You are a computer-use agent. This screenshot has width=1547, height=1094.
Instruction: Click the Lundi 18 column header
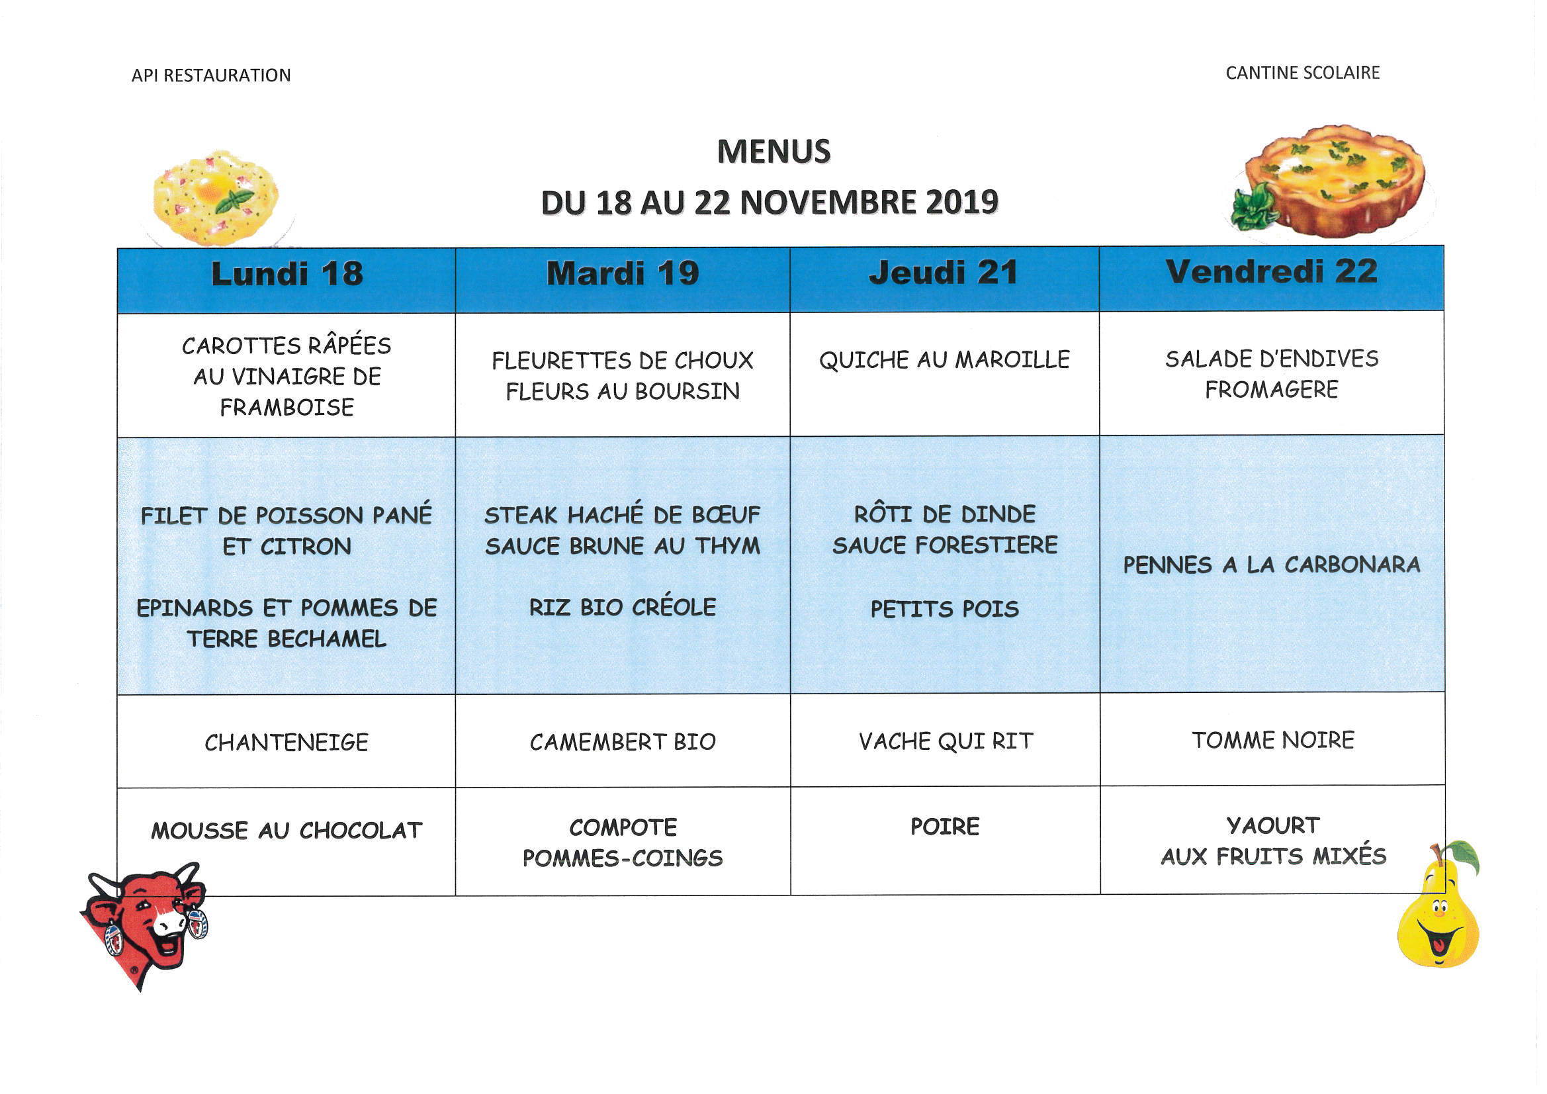[287, 274]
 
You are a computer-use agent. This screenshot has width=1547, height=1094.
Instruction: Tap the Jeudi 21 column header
[944, 272]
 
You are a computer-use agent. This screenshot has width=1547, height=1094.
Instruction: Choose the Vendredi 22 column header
[1272, 271]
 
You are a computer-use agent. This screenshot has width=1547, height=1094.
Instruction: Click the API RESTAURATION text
[211, 75]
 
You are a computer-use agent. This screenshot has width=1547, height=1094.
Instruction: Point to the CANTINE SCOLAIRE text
[1302, 73]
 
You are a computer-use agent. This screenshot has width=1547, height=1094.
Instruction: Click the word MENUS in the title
[774, 152]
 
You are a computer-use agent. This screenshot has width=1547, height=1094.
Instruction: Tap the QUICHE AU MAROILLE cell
[944, 360]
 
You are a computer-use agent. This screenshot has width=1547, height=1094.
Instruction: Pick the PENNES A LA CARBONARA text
[1272, 565]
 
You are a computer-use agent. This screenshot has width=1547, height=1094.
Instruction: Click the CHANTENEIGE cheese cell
[287, 742]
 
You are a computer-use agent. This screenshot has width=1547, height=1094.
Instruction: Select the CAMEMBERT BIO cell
[623, 741]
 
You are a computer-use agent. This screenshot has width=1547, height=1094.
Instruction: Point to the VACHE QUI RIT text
[946, 741]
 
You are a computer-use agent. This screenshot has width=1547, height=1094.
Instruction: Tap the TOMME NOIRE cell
[1273, 739]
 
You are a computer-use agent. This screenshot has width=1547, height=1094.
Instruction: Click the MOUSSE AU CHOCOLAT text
[287, 831]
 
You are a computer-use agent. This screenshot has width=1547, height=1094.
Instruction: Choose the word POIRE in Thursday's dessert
[945, 827]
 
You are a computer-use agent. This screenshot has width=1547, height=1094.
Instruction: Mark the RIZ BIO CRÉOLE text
[623, 608]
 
